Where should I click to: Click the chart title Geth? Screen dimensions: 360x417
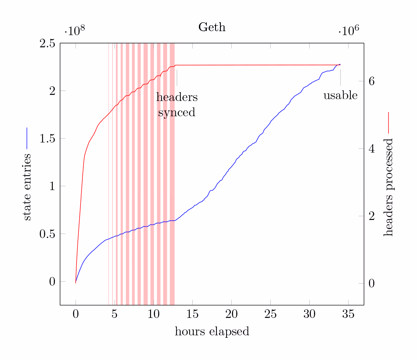212,27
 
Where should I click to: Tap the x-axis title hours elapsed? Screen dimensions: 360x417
212,331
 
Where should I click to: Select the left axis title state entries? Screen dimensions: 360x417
27,187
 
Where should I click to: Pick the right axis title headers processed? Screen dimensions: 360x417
388,187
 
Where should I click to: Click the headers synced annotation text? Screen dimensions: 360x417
177,105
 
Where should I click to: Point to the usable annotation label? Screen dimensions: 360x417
340,95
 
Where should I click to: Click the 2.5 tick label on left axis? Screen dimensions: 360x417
47,43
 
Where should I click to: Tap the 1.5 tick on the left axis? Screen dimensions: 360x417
47,139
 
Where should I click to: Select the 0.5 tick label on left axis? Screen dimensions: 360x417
47,234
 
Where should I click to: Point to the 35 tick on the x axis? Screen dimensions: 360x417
348,314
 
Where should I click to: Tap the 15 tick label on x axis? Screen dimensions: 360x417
192,314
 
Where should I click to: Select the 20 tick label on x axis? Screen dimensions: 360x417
232,314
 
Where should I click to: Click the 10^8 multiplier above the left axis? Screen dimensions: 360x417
75,31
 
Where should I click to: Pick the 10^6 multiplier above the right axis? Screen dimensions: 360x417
349,31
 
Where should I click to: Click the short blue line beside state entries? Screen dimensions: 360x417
27,138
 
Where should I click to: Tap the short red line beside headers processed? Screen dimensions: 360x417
388,123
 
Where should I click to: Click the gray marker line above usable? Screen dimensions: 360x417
340,77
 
